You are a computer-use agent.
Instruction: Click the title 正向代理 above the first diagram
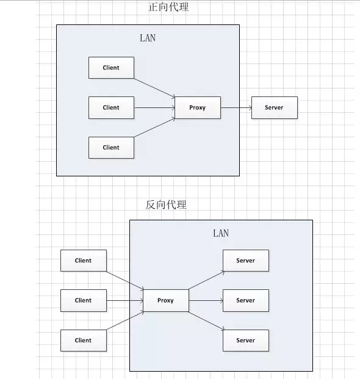[x=168, y=7]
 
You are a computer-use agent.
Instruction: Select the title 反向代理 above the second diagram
[x=166, y=204]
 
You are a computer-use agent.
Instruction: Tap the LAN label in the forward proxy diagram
[x=148, y=38]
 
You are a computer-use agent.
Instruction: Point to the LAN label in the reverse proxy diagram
[x=221, y=233]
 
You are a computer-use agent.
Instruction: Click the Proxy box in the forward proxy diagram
[x=198, y=107]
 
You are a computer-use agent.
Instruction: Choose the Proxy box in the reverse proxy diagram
[x=166, y=300]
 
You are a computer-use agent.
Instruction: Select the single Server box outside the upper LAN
[x=275, y=107]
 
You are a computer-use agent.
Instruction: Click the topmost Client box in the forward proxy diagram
[x=111, y=68]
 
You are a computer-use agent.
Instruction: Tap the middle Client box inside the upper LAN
[x=111, y=107]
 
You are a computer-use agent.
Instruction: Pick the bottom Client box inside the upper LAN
[x=111, y=148]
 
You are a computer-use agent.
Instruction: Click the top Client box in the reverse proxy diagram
[x=84, y=261]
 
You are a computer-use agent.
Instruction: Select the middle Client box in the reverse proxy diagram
[x=84, y=300]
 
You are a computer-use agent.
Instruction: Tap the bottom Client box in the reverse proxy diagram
[x=84, y=341]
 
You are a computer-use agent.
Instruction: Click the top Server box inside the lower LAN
[x=246, y=261]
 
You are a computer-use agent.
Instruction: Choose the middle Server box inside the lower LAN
[x=246, y=300]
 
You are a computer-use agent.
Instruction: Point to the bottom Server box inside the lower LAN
[x=246, y=341]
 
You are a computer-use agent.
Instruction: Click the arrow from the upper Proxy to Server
[x=236, y=108]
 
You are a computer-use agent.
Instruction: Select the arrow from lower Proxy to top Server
[x=206, y=280]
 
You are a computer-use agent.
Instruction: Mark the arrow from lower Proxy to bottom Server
[x=206, y=321]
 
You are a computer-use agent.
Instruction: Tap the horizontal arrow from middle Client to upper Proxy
[x=154, y=108]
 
